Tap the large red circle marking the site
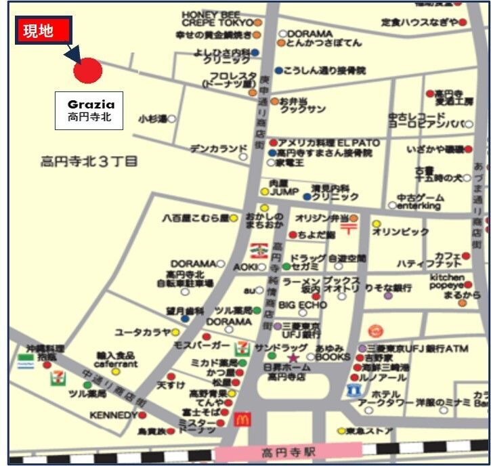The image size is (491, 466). (x=87, y=70)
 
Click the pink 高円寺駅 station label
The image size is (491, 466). (x=288, y=452)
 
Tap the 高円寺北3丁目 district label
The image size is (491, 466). (x=89, y=161)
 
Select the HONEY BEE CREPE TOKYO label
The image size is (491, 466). (x=216, y=18)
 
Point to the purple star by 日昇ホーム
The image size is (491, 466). (x=293, y=358)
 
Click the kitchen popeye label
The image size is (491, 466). (x=446, y=282)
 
